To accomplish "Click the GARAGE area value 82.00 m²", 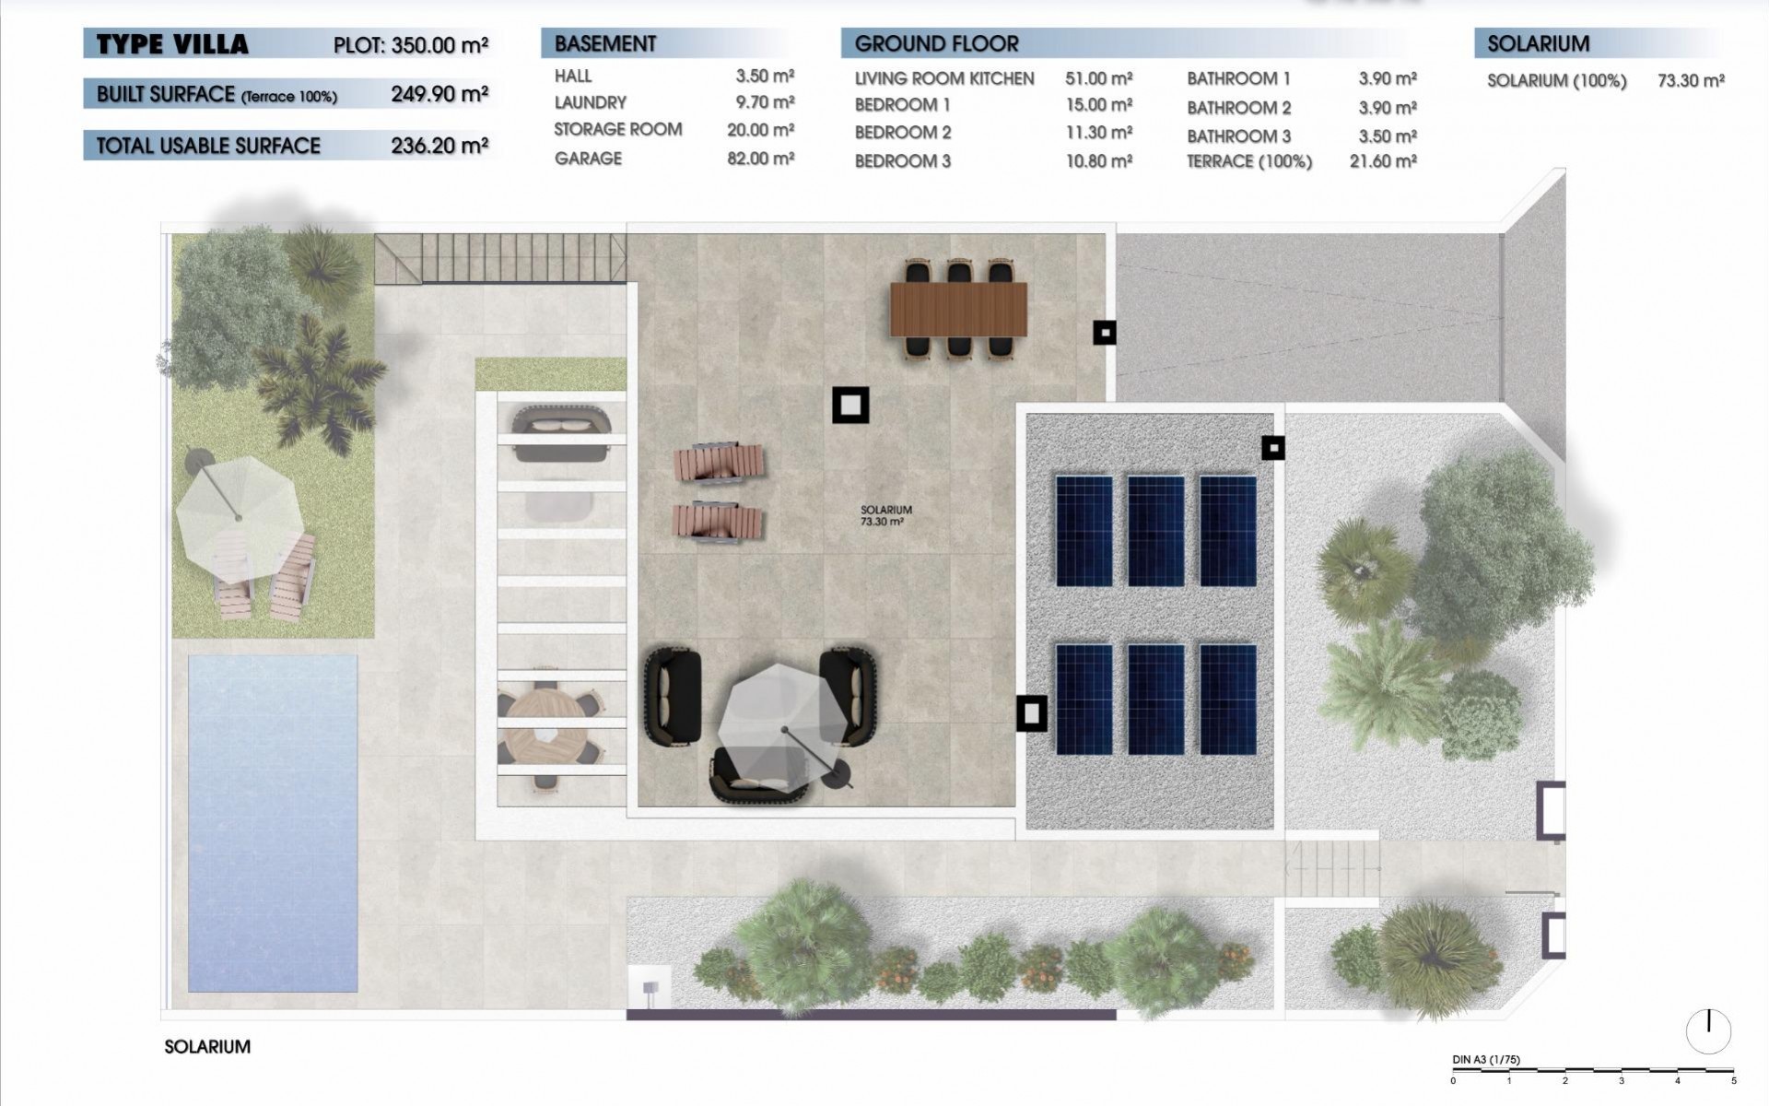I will click(x=760, y=159).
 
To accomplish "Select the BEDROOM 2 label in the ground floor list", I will click(x=902, y=133).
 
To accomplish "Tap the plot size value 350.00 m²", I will click(x=439, y=45).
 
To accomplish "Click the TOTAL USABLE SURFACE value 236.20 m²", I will click(x=439, y=146).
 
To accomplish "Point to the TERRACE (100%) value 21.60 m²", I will click(x=1382, y=161).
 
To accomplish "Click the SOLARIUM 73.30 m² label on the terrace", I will click(x=885, y=515).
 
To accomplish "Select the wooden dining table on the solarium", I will click(x=957, y=310).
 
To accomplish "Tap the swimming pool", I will click(x=272, y=823).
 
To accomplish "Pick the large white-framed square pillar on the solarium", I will click(x=849, y=405).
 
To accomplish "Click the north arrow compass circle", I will click(x=1708, y=1031).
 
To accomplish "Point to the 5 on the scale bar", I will click(x=1733, y=1081).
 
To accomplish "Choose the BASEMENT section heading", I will click(x=605, y=43).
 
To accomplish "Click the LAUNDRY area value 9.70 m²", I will click(x=765, y=102).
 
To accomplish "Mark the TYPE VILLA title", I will click(x=172, y=44).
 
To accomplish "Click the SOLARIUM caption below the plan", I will click(x=207, y=1047).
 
